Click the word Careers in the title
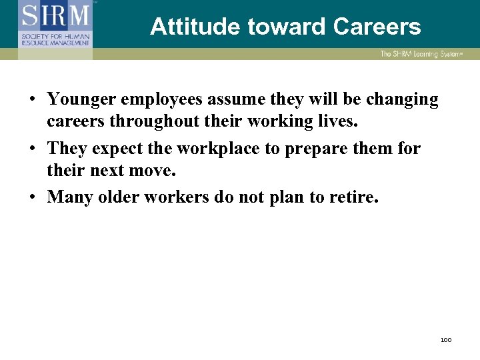point(377,27)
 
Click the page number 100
point(446,340)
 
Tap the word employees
point(167,100)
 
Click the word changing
point(399,100)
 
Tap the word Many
point(68,197)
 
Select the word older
point(115,197)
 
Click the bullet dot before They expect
point(32,149)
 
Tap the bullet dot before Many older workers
point(32,197)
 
